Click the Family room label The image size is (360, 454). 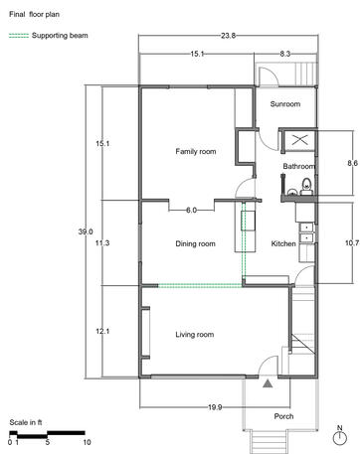click(x=196, y=152)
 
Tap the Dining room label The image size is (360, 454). click(x=195, y=244)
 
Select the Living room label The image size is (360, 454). click(x=195, y=335)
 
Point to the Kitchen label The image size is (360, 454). click(x=283, y=243)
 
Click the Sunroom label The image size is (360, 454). click(x=285, y=104)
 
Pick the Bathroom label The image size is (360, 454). click(x=299, y=166)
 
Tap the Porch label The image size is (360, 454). click(x=283, y=416)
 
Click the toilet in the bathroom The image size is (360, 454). click(x=306, y=186)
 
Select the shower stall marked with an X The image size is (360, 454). click(x=299, y=140)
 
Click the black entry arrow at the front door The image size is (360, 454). click(x=268, y=383)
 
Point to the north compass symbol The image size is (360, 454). click(x=339, y=436)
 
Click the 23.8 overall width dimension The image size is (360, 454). click(x=229, y=36)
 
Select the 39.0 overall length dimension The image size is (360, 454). click(x=86, y=231)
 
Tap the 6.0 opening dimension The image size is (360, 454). click(x=191, y=210)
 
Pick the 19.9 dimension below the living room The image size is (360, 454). click(x=215, y=407)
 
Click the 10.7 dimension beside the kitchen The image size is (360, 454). click(x=352, y=243)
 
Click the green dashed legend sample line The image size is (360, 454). click(x=19, y=36)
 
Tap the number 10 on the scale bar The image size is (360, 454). click(x=87, y=442)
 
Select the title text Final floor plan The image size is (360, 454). click(x=34, y=15)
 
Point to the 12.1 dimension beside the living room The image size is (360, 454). click(x=102, y=331)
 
